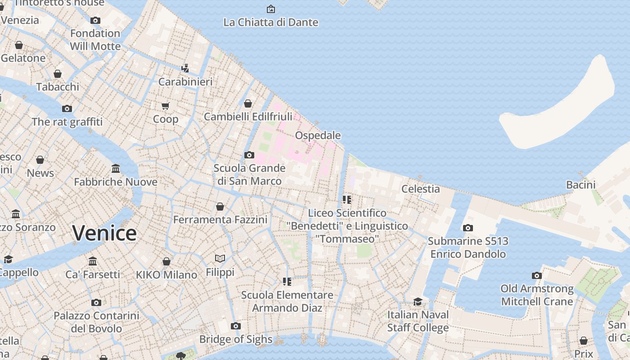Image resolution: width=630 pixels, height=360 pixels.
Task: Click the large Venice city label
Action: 104,233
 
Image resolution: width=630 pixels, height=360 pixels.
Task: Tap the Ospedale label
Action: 318,135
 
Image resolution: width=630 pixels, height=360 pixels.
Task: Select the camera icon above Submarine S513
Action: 468,228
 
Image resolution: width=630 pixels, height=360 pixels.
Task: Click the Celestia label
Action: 420,189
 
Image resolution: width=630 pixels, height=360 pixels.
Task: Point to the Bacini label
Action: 580,184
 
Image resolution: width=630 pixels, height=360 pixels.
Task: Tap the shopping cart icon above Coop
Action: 166,106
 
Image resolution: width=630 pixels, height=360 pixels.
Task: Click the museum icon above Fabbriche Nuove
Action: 116,169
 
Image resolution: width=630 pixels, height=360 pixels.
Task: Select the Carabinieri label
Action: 185,82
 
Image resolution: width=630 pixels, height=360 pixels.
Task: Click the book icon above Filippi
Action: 220,258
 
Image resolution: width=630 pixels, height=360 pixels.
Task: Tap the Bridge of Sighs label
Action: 236,339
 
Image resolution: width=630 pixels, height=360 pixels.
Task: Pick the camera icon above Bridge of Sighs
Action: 236,326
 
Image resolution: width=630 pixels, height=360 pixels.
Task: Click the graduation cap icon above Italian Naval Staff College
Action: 418,301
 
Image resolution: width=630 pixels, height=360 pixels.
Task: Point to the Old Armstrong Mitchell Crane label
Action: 537,295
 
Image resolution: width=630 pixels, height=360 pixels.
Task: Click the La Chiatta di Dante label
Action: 271,22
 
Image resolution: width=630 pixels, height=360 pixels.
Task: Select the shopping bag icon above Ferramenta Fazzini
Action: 220,207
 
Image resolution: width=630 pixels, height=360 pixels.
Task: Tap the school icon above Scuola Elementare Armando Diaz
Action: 287,282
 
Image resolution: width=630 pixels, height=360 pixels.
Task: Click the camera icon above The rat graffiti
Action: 67,108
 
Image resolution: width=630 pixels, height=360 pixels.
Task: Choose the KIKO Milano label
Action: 166,274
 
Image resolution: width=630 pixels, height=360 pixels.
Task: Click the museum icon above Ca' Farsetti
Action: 93,261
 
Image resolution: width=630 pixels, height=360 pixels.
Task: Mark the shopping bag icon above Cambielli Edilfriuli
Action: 248,104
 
